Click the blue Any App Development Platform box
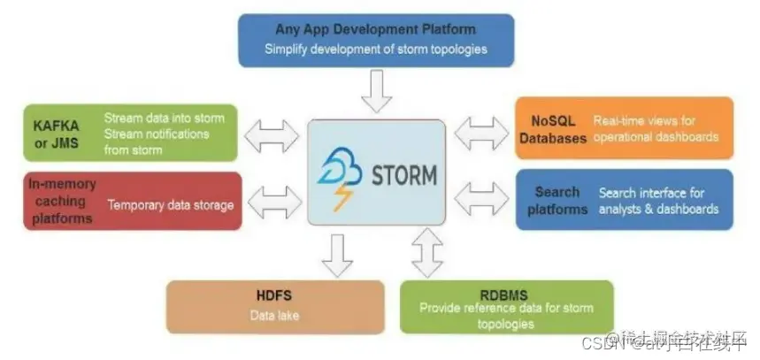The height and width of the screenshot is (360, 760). point(375,41)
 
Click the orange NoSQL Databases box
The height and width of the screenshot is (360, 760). point(624,128)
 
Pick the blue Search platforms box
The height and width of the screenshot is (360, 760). point(624,200)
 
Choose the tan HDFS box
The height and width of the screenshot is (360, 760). point(274,306)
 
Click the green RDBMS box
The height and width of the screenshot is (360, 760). point(506,306)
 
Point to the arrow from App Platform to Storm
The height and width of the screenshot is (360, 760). point(377,92)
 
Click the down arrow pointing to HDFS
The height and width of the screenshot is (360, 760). point(337,253)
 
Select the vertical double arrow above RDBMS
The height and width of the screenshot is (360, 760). point(428,253)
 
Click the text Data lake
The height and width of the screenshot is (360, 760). point(274,315)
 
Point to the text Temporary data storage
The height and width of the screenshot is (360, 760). point(171,205)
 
